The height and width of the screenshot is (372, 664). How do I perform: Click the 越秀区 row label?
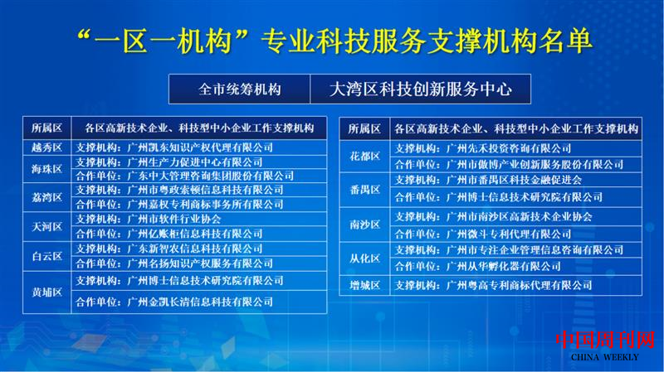tap(47, 147)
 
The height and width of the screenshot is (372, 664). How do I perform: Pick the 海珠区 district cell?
tap(47, 168)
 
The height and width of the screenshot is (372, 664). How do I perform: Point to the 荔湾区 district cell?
tap(47, 197)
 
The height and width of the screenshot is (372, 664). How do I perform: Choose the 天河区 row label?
tap(47, 226)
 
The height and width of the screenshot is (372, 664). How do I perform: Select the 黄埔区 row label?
tap(47, 291)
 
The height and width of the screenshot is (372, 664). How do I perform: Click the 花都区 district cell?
tap(364, 156)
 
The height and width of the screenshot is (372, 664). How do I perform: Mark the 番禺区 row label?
tap(364, 188)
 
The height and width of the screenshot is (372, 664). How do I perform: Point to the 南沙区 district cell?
tap(364, 225)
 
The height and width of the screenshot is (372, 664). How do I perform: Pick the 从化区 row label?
tap(364, 257)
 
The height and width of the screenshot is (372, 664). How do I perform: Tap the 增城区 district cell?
tap(364, 285)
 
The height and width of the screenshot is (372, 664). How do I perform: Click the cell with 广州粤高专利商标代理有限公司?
tap(494, 285)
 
